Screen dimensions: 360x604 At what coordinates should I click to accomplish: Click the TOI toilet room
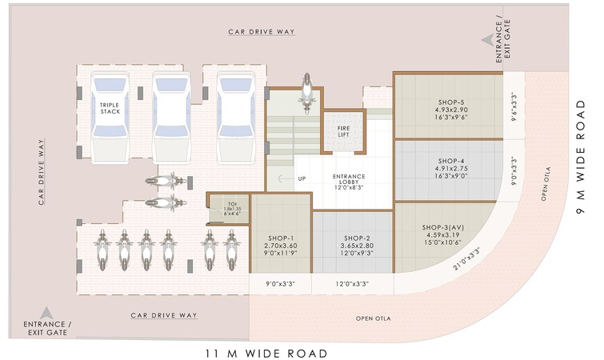point(232,208)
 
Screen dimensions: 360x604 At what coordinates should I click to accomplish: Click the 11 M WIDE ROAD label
point(266,352)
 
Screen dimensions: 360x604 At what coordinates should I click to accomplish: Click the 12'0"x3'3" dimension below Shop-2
point(354,284)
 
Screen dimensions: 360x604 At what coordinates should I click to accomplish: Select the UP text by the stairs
point(302,178)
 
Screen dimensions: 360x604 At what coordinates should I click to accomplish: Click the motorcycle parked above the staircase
point(305,90)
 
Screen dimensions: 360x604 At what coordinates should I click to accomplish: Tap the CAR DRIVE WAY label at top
point(262,32)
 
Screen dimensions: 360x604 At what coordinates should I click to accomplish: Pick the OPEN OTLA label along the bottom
point(373,318)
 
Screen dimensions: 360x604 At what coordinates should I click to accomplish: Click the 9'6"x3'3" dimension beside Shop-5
point(514,105)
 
